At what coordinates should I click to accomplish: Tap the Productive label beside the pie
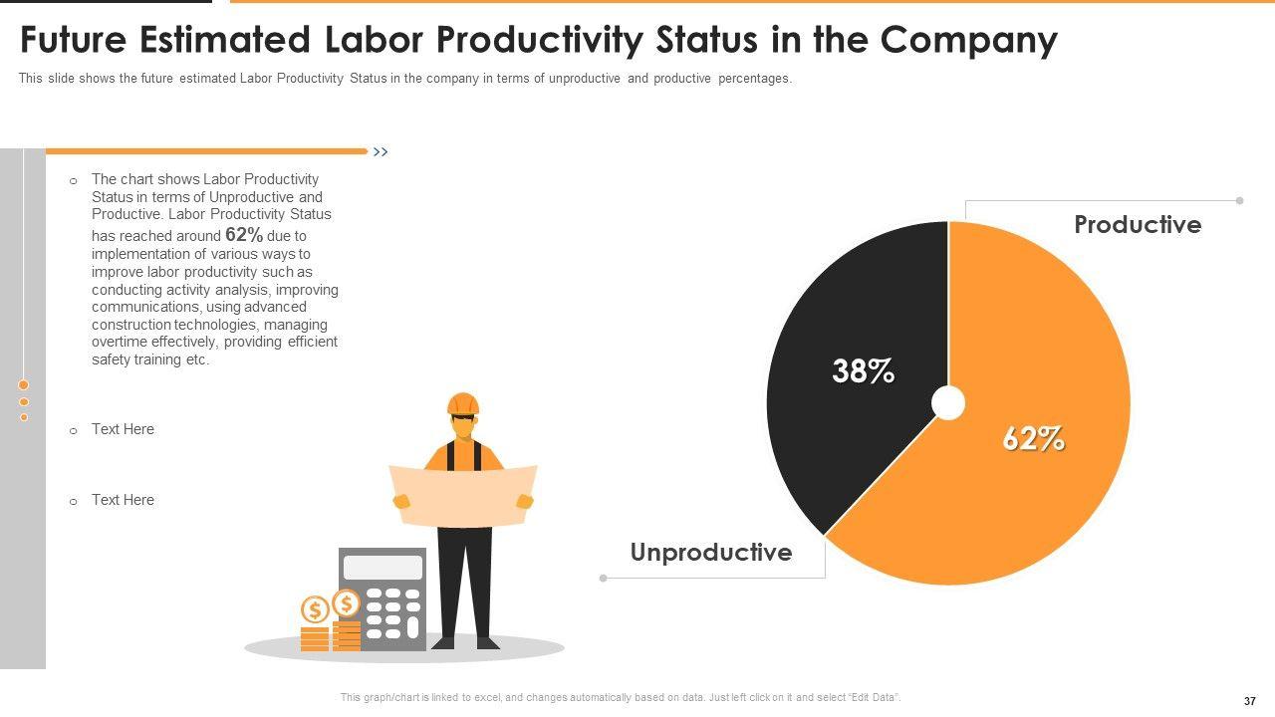coord(1138,225)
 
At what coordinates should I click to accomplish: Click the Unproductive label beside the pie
coord(711,553)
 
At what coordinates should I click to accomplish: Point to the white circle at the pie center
coord(948,403)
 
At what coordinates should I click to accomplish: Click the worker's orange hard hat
coord(463,403)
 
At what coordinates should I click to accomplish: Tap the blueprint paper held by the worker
coord(463,495)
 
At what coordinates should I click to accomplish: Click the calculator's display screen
coord(382,568)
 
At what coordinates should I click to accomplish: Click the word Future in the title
coord(74,41)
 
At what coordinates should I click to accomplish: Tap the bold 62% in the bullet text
coord(244,235)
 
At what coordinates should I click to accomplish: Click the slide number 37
coord(1250,701)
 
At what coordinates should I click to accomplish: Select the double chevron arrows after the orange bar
coord(380,152)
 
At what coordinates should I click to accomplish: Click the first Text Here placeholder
coord(123,429)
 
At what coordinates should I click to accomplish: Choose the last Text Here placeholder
coord(123,500)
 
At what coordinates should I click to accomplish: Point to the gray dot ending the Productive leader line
coord(1240,201)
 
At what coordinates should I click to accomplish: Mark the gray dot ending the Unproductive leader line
coord(603,578)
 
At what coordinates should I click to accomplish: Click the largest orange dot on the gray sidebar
coord(24,384)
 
